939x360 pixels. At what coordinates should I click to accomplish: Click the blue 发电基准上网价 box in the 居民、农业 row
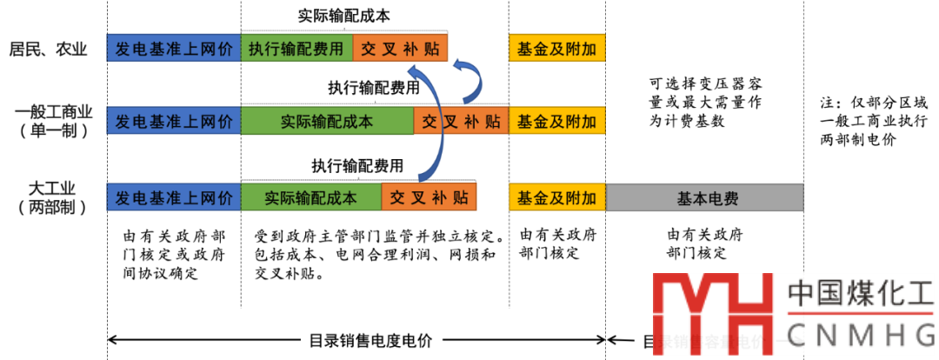(x=173, y=48)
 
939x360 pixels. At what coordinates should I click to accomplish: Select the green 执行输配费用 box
(x=296, y=48)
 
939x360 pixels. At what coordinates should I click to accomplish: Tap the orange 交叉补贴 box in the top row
(x=400, y=48)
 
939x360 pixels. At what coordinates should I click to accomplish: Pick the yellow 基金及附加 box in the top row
(x=556, y=48)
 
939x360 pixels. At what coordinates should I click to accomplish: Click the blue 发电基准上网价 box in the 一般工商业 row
(x=173, y=121)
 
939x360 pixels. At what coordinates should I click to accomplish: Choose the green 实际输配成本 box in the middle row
(x=327, y=121)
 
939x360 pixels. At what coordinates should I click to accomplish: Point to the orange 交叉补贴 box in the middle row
(x=461, y=121)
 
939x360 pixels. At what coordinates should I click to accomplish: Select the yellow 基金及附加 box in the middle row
(x=556, y=121)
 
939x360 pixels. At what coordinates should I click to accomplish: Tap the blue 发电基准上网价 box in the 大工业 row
(x=173, y=197)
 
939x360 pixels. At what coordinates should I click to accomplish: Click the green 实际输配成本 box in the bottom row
(x=310, y=197)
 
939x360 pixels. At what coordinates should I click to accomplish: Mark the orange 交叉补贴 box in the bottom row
(x=429, y=197)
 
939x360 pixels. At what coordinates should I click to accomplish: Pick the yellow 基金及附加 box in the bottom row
(x=556, y=197)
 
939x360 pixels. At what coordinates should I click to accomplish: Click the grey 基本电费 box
(x=704, y=197)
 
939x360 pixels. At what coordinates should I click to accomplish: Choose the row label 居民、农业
(x=50, y=49)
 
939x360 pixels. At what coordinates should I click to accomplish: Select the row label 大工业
(x=54, y=188)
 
